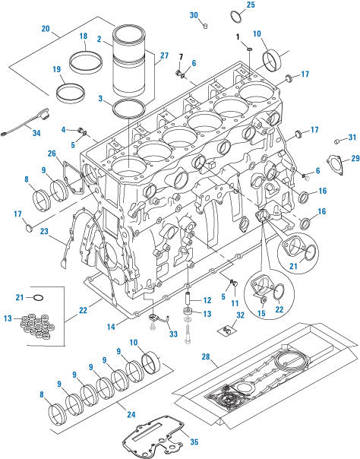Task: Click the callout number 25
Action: (x=251, y=5)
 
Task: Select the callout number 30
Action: (x=193, y=15)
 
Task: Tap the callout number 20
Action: (x=46, y=29)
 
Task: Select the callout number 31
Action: (x=352, y=138)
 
